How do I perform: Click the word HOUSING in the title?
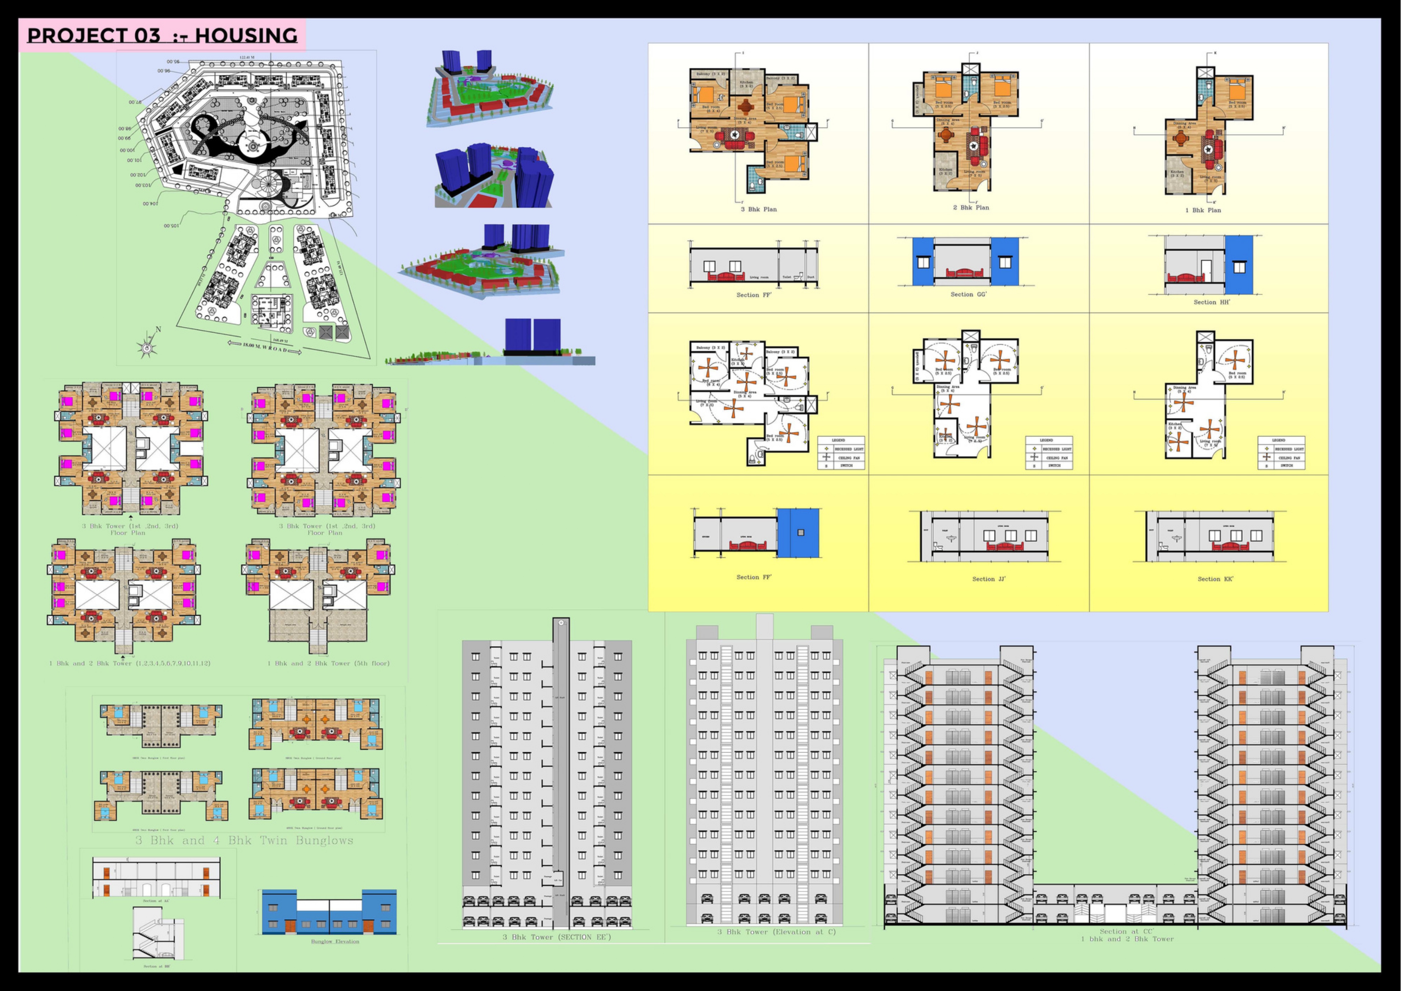[x=246, y=36]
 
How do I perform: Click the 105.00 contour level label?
[x=171, y=226]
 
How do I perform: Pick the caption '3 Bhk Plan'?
[x=759, y=209]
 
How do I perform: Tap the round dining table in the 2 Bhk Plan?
[x=946, y=135]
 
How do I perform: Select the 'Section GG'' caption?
[x=968, y=295]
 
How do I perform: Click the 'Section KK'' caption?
[x=1215, y=579]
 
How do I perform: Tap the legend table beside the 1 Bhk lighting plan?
[x=1281, y=453]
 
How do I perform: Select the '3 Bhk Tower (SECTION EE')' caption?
[x=557, y=937]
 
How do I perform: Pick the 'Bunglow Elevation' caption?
[x=335, y=941]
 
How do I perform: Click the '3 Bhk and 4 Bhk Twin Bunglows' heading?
[x=244, y=841]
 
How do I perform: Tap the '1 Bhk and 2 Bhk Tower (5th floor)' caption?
[x=328, y=663]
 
